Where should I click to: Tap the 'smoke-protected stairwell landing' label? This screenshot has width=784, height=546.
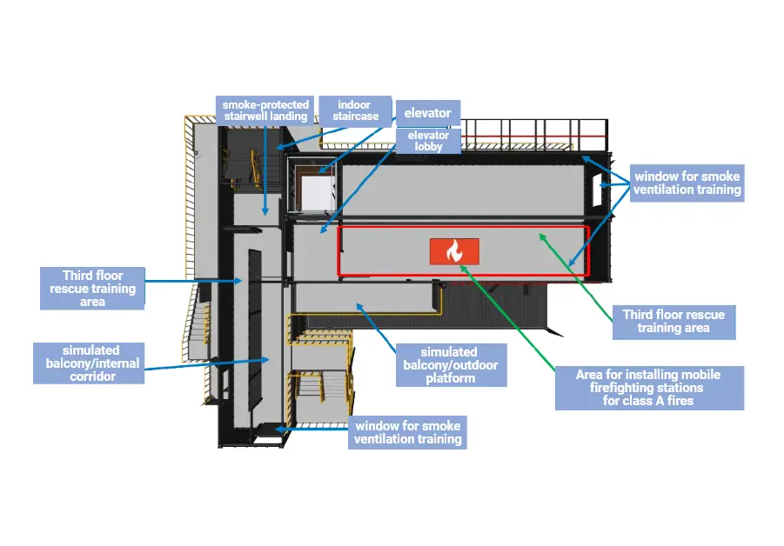click(x=265, y=110)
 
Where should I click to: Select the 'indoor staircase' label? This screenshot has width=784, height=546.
click(x=354, y=110)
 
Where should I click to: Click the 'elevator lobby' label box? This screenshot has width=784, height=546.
click(x=428, y=141)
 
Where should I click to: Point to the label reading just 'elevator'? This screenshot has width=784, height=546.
click(x=427, y=113)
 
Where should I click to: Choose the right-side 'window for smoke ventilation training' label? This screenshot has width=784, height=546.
click(x=687, y=183)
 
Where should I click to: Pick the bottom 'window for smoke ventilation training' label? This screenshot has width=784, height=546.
click(x=407, y=432)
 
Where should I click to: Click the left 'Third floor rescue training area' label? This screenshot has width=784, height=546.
click(x=92, y=288)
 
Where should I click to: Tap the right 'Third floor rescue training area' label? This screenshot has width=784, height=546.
click(x=674, y=321)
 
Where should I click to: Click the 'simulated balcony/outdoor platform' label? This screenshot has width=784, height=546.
click(x=450, y=365)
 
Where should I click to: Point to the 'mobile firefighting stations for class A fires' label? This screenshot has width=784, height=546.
click(x=649, y=388)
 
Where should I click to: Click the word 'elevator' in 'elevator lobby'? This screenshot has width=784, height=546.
click(x=428, y=135)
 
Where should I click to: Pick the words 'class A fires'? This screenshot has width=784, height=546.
click(x=648, y=401)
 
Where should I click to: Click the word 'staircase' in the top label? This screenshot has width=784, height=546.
click(x=354, y=116)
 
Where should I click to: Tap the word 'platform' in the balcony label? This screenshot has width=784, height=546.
click(x=450, y=378)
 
